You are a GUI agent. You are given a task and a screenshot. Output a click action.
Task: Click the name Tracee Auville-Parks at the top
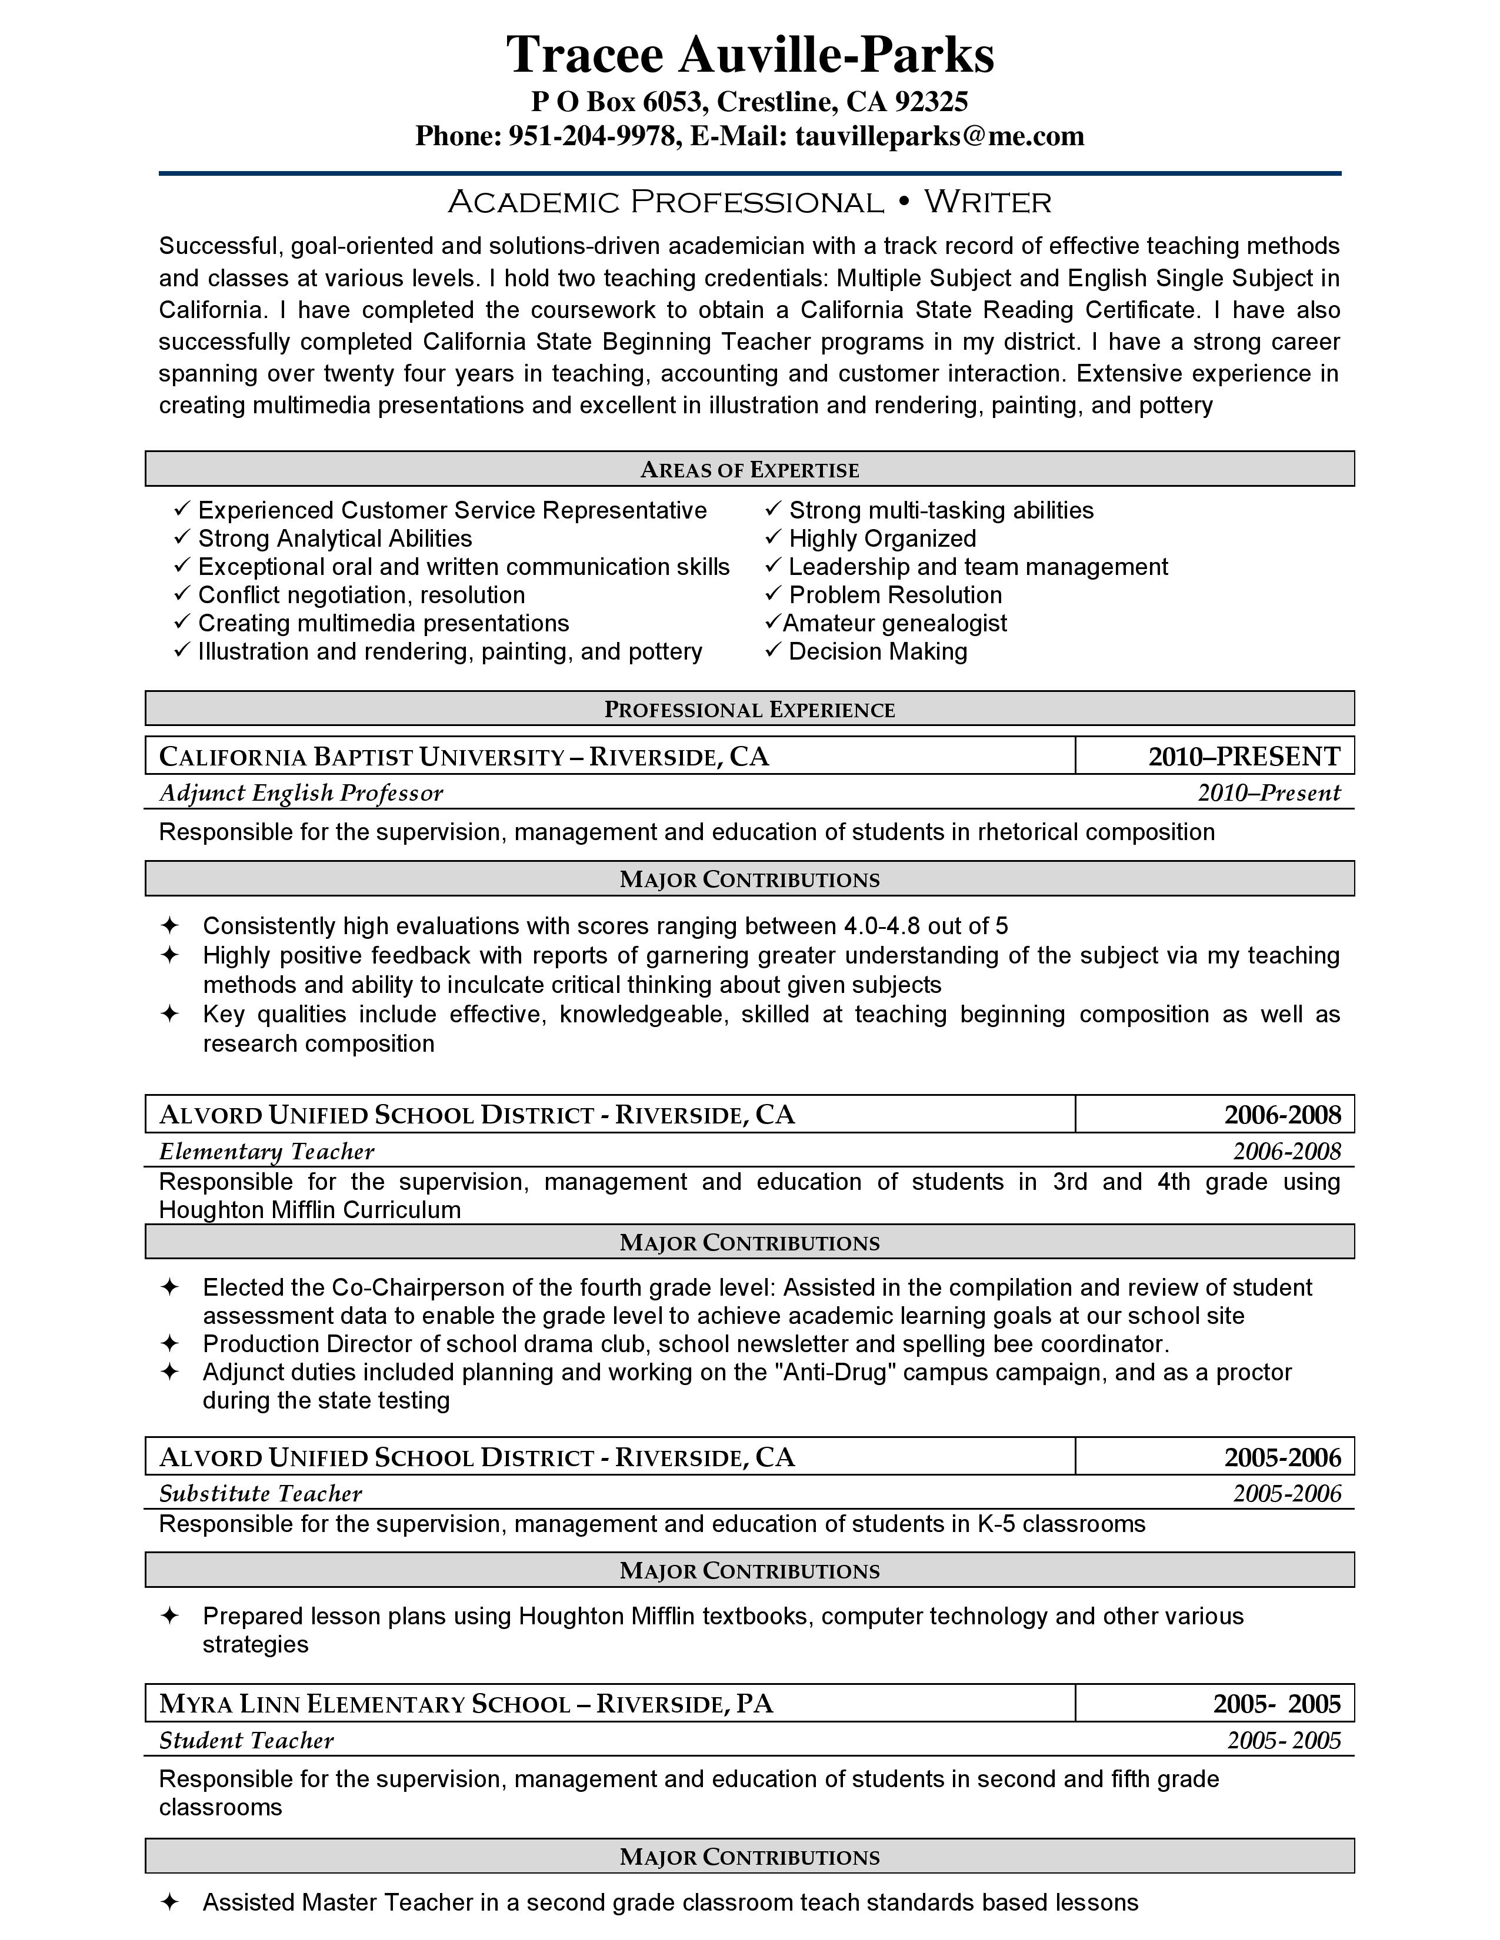coord(750,55)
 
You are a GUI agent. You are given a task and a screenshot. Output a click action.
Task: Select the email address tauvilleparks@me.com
coord(939,136)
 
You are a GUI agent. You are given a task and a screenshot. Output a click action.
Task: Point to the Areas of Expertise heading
coord(750,470)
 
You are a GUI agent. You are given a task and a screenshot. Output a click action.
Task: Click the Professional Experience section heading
coord(750,710)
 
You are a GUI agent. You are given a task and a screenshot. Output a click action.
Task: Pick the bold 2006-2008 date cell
coord(1281,1115)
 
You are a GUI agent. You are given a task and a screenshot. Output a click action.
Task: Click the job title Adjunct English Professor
coord(301,793)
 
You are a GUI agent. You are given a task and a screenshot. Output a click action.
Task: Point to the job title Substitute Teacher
coord(261,1494)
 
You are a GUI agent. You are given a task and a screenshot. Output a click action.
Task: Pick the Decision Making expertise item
coord(877,652)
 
